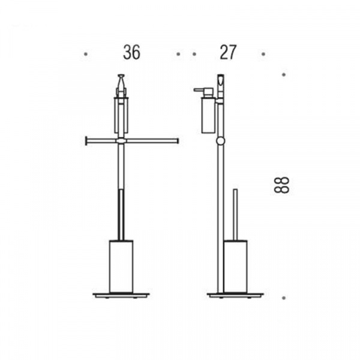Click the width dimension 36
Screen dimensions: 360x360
point(131,52)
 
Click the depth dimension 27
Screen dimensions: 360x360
point(228,52)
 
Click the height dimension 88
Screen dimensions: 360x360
point(281,185)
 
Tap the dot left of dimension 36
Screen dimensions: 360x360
point(86,55)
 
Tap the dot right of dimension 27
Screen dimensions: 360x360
point(263,55)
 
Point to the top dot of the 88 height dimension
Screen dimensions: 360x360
point(284,74)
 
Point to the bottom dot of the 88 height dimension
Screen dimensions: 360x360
point(284,298)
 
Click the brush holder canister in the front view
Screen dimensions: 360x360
point(121,266)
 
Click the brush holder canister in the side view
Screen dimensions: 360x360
point(235,266)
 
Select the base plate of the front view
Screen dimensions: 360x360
point(121,295)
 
